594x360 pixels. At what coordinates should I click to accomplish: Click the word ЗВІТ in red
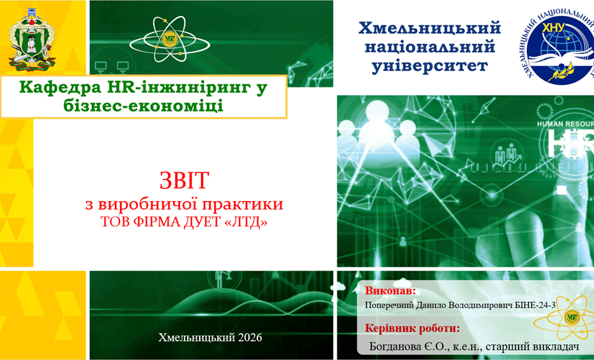(x=184, y=181)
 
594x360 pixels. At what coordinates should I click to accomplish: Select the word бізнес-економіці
(x=144, y=105)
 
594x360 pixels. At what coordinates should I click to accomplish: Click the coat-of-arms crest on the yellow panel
(x=32, y=40)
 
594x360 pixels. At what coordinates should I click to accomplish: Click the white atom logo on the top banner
(x=170, y=39)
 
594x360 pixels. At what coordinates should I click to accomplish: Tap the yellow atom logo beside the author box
(x=566, y=317)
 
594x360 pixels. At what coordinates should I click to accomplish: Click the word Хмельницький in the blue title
(x=430, y=28)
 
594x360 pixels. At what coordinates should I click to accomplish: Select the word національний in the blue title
(x=430, y=47)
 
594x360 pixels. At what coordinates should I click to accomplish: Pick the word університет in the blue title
(x=430, y=66)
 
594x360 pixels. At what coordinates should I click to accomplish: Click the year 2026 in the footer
(x=250, y=337)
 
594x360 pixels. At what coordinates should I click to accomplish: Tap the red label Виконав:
(x=390, y=290)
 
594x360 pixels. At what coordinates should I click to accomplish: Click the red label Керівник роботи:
(x=413, y=328)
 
